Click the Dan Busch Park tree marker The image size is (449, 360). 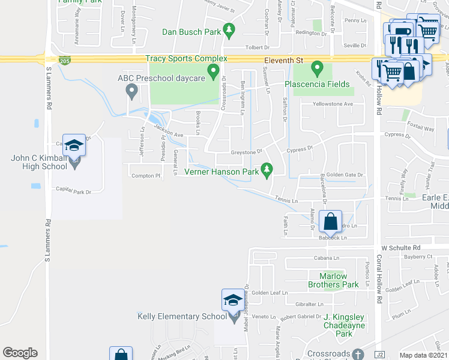coord(228,29)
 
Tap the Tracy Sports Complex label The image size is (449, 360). coord(186,59)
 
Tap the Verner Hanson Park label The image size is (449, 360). coord(221,172)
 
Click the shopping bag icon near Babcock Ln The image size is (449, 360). coord(331,222)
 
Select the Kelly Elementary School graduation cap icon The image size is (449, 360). coord(233,300)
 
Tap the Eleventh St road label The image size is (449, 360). coord(286,61)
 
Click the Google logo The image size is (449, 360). coord(20,353)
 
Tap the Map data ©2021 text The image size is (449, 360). coord(423,355)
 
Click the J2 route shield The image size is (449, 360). coord(379,355)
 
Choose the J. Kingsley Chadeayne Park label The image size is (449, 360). coord(343,325)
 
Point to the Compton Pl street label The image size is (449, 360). coord(146,176)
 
